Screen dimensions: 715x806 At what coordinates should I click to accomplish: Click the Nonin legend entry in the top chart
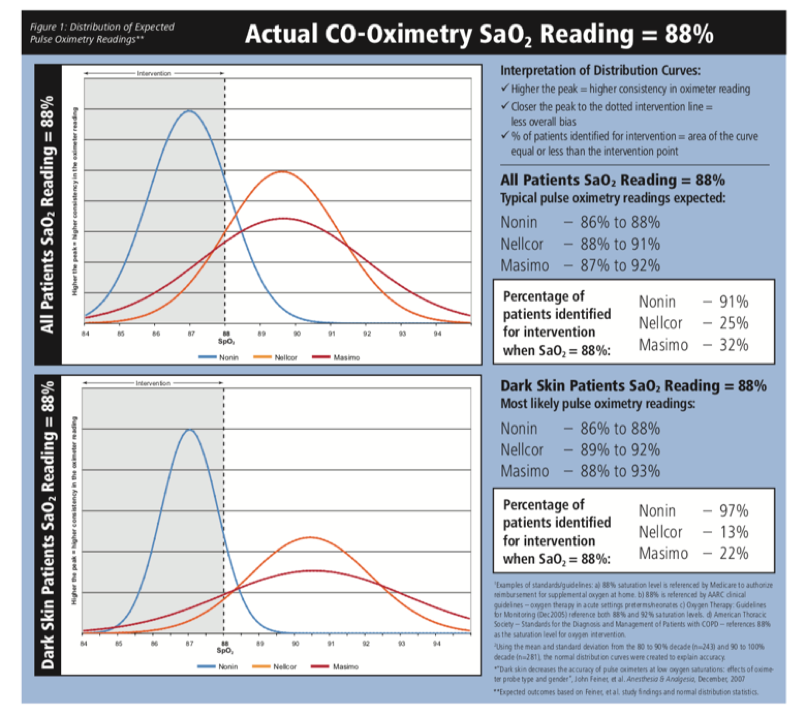[219, 357]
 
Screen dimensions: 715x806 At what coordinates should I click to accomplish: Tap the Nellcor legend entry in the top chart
[275, 357]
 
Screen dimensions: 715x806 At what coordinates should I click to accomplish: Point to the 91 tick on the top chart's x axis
[331, 334]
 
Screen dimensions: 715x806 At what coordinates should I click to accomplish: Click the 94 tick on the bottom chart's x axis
[436, 644]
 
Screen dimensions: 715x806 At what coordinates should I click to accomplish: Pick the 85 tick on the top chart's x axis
[121, 334]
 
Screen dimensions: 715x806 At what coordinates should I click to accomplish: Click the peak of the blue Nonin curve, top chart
[189, 111]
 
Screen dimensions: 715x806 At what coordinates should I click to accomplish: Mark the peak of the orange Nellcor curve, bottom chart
[310, 537]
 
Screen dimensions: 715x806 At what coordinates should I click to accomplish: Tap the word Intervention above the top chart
[154, 73]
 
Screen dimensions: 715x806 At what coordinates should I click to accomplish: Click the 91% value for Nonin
[734, 302]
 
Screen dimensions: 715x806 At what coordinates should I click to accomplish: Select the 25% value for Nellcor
[734, 323]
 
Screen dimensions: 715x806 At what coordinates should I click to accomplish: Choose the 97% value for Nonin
[734, 511]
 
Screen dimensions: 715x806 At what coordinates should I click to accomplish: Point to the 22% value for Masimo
[734, 553]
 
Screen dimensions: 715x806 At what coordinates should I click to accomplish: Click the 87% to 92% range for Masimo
[620, 265]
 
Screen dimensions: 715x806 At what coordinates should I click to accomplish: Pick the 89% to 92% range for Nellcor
[620, 450]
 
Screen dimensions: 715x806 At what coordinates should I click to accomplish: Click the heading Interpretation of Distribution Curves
[600, 70]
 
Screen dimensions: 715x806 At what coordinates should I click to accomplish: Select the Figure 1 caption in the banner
[102, 33]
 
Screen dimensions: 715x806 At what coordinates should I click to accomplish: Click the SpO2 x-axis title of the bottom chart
[225, 650]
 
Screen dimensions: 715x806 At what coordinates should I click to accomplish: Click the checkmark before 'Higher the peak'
[505, 88]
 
